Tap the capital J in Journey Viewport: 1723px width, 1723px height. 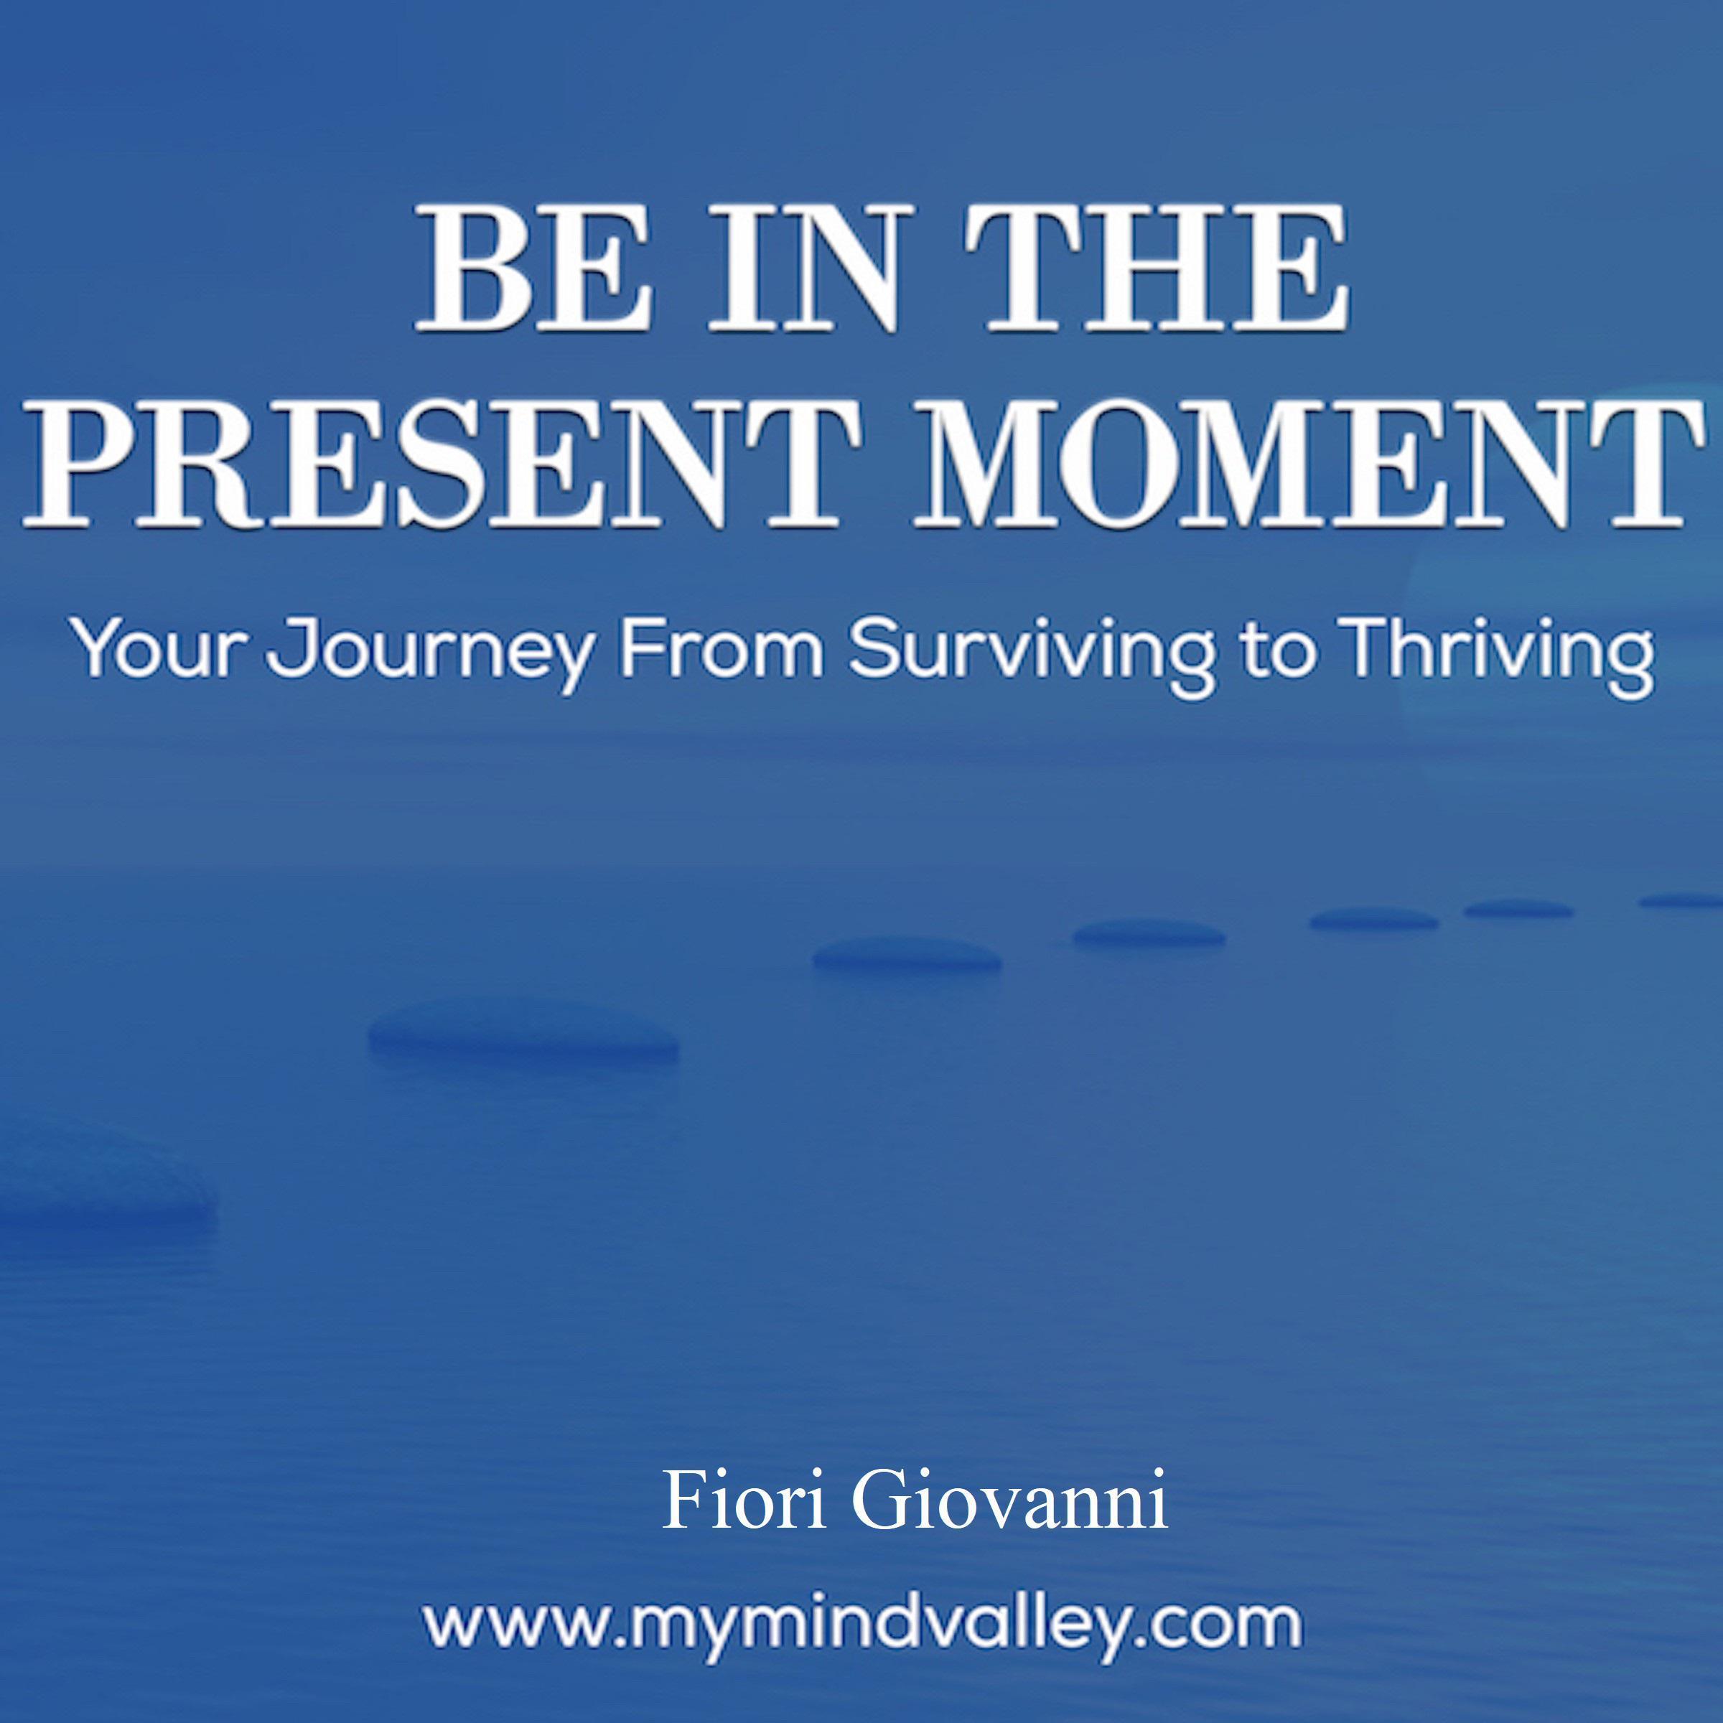[291, 648]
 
